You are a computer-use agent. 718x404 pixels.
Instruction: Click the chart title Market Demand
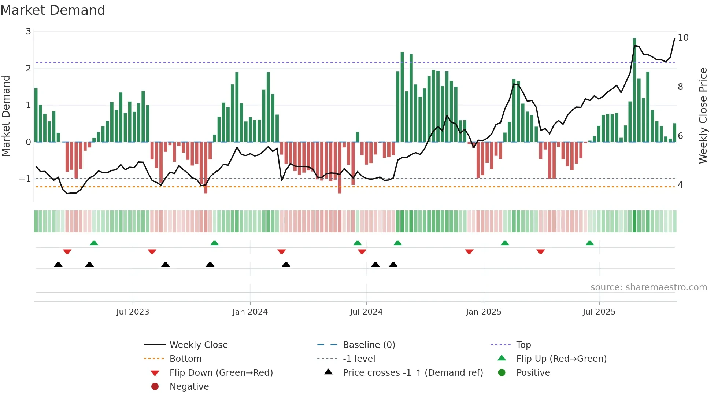point(53,10)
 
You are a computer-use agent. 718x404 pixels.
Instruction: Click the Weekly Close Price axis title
point(703,115)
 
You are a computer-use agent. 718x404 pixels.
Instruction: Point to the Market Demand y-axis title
point(6,115)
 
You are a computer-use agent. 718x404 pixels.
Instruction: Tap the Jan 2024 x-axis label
point(250,312)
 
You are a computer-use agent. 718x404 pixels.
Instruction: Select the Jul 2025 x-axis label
point(599,312)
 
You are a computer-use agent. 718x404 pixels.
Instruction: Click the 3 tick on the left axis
point(28,32)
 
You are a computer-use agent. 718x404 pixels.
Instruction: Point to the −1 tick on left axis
point(25,179)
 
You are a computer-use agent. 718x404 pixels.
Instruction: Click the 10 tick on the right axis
point(683,38)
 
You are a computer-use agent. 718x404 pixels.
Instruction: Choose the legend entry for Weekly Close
point(198,345)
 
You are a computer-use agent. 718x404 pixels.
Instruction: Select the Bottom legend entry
point(185,359)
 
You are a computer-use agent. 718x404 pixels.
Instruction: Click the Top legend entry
point(523,345)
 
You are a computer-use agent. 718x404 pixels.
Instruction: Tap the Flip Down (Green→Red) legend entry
point(221,373)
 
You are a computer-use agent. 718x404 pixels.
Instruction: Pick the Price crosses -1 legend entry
point(412,373)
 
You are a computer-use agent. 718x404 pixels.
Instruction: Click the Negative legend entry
point(189,387)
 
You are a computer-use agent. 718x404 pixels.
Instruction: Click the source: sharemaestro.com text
point(648,287)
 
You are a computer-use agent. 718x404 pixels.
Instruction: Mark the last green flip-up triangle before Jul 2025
point(589,243)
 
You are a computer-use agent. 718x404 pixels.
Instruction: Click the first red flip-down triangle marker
point(67,251)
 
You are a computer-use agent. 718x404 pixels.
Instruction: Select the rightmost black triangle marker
point(393,264)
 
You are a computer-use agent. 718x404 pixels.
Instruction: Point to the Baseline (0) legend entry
point(369,345)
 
